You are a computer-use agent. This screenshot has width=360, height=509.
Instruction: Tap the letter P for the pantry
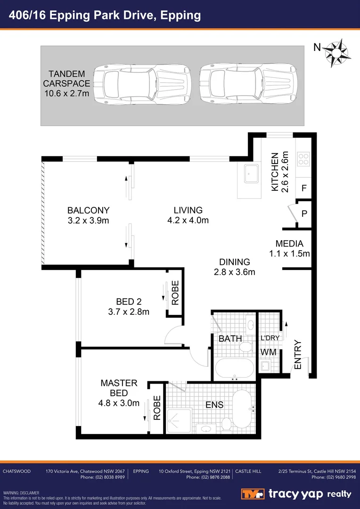click(304, 213)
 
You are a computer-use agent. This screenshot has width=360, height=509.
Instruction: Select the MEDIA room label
click(289, 244)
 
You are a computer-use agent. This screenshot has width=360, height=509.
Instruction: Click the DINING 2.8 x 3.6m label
click(235, 267)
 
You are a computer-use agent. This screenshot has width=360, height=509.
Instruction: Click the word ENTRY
click(297, 354)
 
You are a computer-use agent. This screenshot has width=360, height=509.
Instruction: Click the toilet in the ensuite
click(227, 423)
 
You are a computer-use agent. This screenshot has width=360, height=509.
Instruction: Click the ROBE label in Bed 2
click(175, 293)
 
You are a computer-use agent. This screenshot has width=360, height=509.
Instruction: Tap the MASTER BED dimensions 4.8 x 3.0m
click(119, 403)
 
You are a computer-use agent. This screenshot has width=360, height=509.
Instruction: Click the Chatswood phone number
click(102, 477)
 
